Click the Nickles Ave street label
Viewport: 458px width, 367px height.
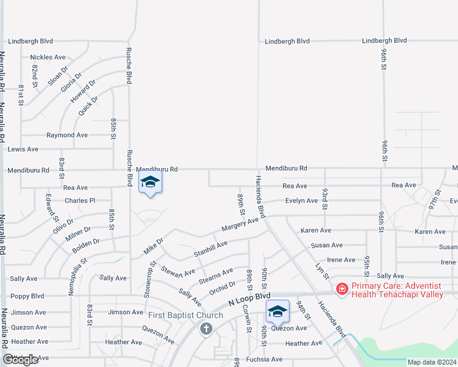point(48,57)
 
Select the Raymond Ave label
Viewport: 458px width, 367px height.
point(67,135)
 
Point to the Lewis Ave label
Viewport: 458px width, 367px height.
point(23,149)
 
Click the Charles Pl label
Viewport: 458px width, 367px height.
point(80,201)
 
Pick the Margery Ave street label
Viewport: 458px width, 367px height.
point(240,223)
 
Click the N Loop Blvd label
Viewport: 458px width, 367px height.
point(249,299)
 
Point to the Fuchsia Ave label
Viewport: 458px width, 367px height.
point(265,359)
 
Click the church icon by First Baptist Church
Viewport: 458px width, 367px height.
point(206,329)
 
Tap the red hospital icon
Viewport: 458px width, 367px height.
point(341,287)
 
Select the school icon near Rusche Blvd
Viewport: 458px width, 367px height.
point(150,182)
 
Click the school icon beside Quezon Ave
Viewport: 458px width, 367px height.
point(277,311)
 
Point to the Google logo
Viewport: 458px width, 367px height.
point(20,360)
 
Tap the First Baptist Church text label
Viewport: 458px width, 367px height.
point(186,316)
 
